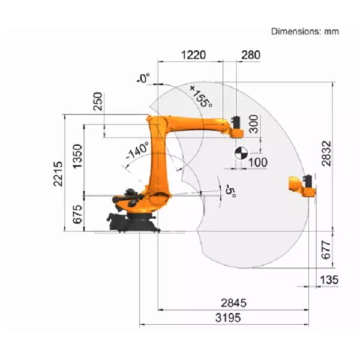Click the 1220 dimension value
194,55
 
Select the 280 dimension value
251,55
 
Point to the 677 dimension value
326,250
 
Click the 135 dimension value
329,280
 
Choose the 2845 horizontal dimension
234,303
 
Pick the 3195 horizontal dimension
228,318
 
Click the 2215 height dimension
58,173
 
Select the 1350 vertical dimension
77,156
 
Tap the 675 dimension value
77,214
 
